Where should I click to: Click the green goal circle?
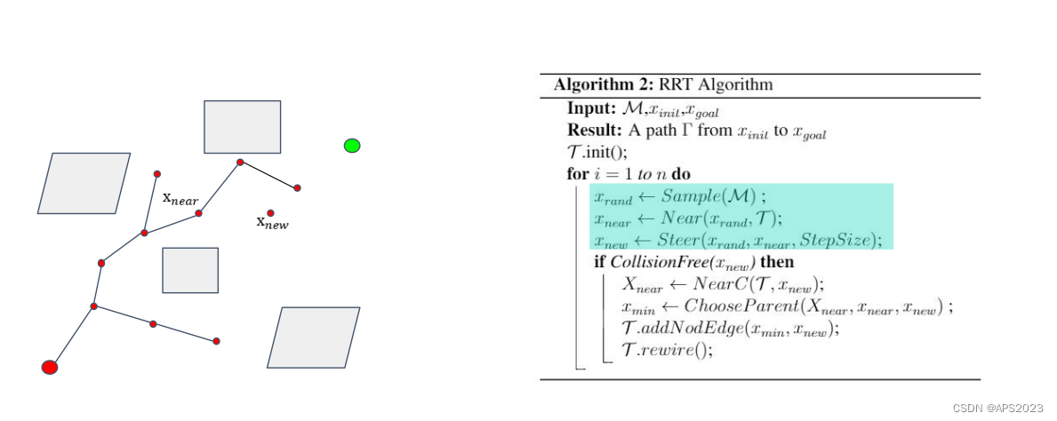[x=352, y=146]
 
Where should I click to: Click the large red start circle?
[x=49, y=367]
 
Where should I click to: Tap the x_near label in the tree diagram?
[x=180, y=199]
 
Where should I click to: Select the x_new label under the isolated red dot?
[x=272, y=222]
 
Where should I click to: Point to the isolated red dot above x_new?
[x=270, y=213]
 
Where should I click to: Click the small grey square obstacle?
[x=190, y=270]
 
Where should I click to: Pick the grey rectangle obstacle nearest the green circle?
[x=242, y=127]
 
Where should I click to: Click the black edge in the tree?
[x=268, y=175]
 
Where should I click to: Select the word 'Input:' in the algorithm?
[x=589, y=109]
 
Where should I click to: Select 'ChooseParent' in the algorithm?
[x=741, y=306]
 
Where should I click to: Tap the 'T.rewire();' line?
[x=665, y=350]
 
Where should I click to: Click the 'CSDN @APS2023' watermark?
[x=997, y=409]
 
